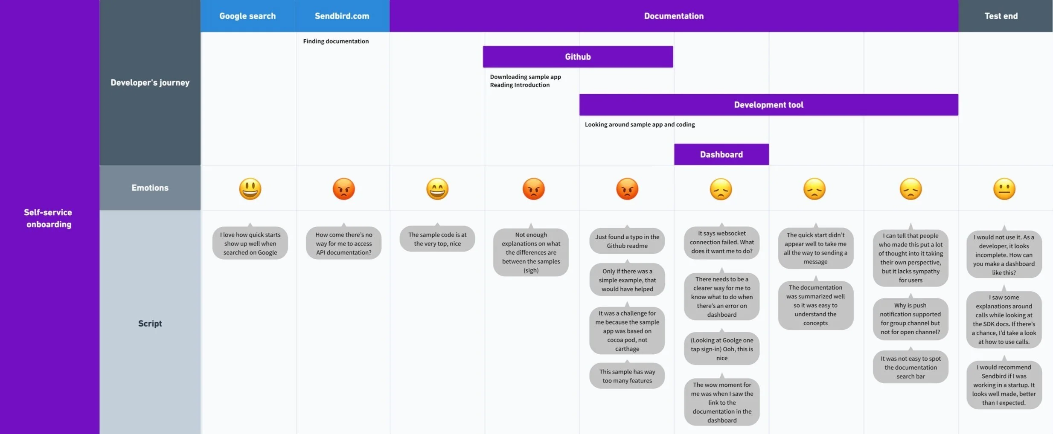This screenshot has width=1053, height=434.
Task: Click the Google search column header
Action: pyautogui.click(x=247, y=16)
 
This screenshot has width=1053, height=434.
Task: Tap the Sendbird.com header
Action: pyautogui.click(x=342, y=16)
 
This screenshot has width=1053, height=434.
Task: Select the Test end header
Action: pyautogui.click(x=1001, y=16)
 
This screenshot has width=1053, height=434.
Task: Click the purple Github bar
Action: pyautogui.click(x=578, y=57)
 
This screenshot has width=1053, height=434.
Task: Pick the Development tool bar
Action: pyautogui.click(x=768, y=105)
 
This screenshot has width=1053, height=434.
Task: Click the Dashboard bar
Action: pyautogui.click(x=721, y=154)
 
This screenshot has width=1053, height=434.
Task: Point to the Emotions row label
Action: pyautogui.click(x=150, y=188)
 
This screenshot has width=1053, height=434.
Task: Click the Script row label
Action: pyautogui.click(x=150, y=323)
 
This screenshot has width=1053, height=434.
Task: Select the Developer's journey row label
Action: pyautogui.click(x=150, y=83)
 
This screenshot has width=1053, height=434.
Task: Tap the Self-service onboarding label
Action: pyautogui.click(x=48, y=218)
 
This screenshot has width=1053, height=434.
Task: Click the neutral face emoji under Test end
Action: pyautogui.click(x=1004, y=189)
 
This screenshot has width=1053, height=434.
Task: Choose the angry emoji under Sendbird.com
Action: pyautogui.click(x=343, y=189)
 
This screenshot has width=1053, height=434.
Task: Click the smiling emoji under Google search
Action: pyautogui.click(x=250, y=189)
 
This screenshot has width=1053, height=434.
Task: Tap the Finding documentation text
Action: pyautogui.click(x=336, y=41)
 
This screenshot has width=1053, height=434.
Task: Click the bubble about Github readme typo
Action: pyautogui.click(x=627, y=241)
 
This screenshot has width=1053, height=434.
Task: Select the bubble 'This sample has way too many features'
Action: pyautogui.click(x=627, y=376)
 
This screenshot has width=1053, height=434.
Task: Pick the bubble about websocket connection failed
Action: pyautogui.click(x=721, y=242)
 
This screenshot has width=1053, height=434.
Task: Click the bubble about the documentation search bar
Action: pyautogui.click(x=910, y=367)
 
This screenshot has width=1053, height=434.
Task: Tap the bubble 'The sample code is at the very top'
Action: pyautogui.click(x=437, y=239)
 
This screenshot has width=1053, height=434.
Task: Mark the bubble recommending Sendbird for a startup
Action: pyautogui.click(x=1004, y=385)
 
